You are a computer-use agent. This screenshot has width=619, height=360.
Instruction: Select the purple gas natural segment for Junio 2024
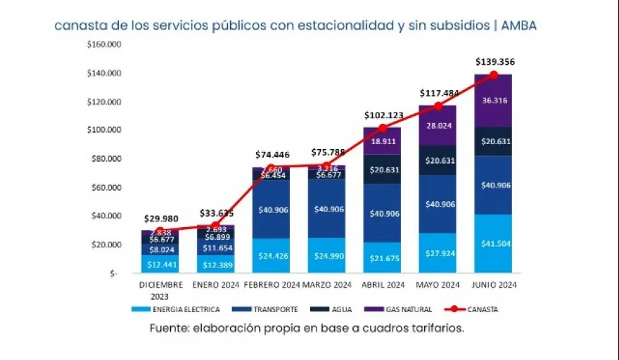point(493,101)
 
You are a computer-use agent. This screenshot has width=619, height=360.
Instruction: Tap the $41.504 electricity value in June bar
point(493,244)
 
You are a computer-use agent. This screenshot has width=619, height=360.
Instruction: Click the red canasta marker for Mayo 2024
point(438,106)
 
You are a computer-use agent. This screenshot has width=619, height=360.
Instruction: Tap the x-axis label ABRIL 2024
point(383,285)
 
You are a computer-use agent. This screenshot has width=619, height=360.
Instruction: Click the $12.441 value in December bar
point(160,263)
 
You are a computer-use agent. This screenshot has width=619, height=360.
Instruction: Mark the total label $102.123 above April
point(383,115)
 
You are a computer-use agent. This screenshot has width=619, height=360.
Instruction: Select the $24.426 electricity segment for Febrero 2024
point(271,255)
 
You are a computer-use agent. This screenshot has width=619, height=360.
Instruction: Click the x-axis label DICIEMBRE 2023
point(160,290)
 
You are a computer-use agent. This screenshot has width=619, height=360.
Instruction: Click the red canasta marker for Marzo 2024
point(326,166)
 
